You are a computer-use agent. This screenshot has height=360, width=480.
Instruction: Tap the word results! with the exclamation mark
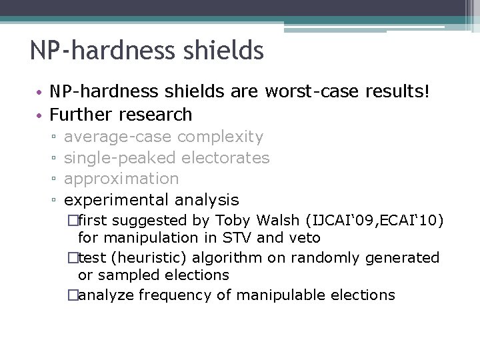click(x=399, y=93)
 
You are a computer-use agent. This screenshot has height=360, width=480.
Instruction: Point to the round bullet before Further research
click(x=41, y=115)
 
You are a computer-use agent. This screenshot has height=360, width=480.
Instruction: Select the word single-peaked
click(x=119, y=158)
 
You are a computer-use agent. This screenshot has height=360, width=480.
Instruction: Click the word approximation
click(x=121, y=179)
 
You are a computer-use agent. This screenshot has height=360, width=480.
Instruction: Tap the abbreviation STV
click(x=235, y=238)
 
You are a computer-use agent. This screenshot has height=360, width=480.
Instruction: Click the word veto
click(x=305, y=238)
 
